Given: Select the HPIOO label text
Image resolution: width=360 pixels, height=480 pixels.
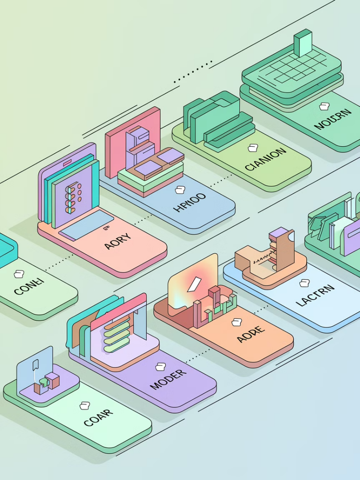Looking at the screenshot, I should point(189,202).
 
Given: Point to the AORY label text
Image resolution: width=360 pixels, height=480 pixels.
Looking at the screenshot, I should point(118,241).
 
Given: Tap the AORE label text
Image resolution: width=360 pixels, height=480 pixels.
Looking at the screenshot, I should point(251,334).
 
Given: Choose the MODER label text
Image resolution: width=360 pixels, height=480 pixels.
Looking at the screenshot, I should point(168,379).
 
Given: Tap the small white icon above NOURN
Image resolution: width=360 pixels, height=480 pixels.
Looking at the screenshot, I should point(324,106).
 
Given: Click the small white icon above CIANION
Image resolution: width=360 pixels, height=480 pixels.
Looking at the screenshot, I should point(253,148).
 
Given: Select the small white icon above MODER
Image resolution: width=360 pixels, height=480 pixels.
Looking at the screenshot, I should point(160,367).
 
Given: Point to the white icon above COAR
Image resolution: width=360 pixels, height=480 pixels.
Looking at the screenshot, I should point(84,405).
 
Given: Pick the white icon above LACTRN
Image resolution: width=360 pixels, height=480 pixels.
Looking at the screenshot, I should point(304,283).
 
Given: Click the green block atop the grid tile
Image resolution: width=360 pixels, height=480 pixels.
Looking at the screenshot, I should point(303,43).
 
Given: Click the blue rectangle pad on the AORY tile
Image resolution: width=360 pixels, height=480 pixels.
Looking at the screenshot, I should point(87,224).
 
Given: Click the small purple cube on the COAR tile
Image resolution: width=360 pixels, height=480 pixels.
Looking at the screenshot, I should point(52,380).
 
